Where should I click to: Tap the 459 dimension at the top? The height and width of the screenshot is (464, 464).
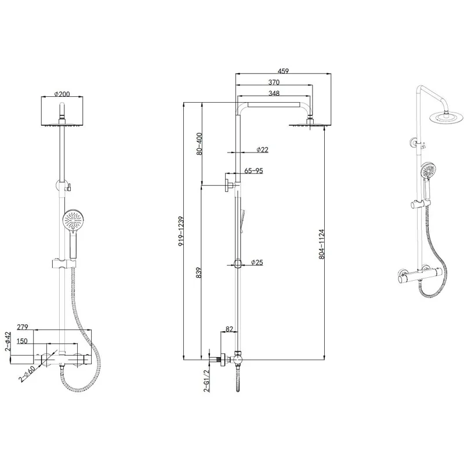[x=283, y=71]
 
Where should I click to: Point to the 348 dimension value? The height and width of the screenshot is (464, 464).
[x=275, y=93]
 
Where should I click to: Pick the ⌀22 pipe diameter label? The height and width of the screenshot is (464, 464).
[x=262, y=150]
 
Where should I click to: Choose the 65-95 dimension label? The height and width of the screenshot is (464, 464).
[x=254, y=171]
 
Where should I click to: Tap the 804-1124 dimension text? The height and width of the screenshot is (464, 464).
[x=322, y=244]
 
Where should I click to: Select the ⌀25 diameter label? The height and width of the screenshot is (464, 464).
[x=257, y=263]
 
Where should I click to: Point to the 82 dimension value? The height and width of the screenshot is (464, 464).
[x=229, y=329]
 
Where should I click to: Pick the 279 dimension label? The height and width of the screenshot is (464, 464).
[x=23, y=328]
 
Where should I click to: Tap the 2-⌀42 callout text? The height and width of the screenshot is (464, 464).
[x=8, y=341]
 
